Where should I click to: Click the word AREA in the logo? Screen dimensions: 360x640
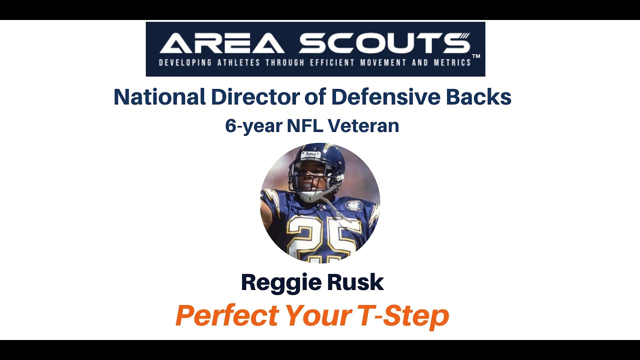pos(222,43)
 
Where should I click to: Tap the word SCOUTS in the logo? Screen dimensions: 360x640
pos(384,43)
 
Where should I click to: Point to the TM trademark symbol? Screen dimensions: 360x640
pos(476,56)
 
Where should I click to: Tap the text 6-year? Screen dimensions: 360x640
pos(253,126)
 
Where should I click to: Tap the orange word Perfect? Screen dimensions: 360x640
pos(227,315)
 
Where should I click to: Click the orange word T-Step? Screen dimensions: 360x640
pos(403,315)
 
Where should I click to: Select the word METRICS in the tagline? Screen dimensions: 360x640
pos(452,63)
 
